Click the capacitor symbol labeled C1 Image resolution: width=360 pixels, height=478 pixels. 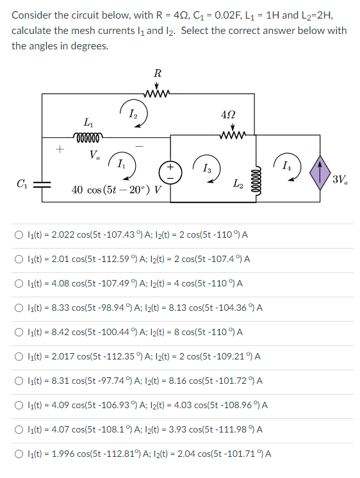42,183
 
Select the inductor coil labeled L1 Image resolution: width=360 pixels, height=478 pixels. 87,135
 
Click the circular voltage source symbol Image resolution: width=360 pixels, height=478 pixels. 172,175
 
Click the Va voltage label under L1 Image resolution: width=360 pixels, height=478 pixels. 95,154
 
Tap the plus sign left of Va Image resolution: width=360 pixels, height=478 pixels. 59,149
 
